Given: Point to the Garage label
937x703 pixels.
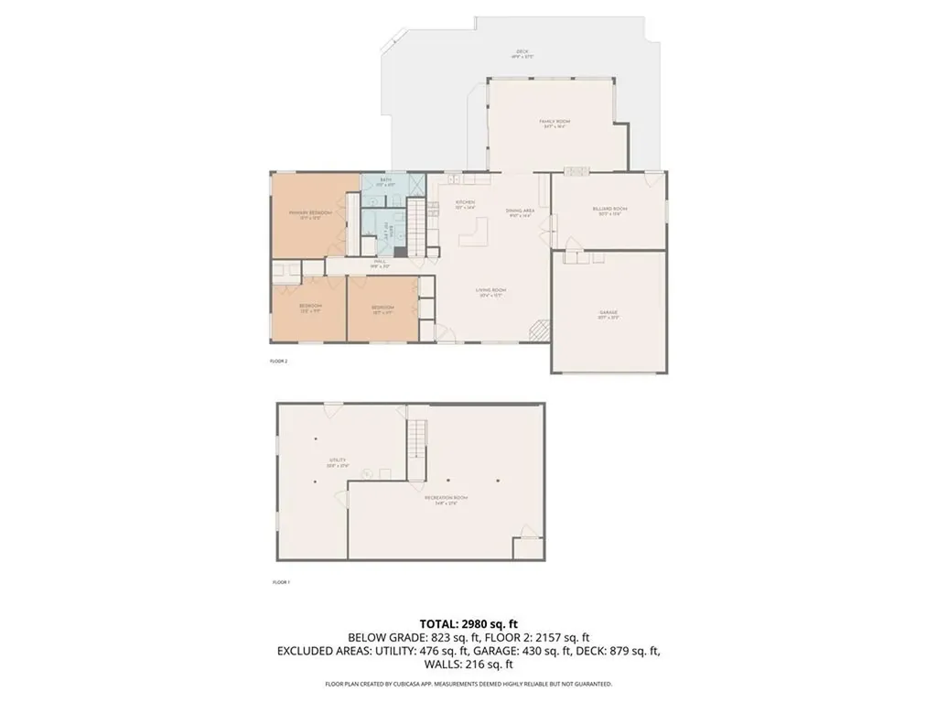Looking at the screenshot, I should point(609,314).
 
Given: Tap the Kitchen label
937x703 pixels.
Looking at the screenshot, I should point(466,204).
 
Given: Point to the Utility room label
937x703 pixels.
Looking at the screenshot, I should point(339,462).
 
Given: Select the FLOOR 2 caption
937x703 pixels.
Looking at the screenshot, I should point(279,362).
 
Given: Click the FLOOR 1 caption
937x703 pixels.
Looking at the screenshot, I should point(282,582).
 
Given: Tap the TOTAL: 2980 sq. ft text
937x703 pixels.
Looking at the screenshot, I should point(468,624).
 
